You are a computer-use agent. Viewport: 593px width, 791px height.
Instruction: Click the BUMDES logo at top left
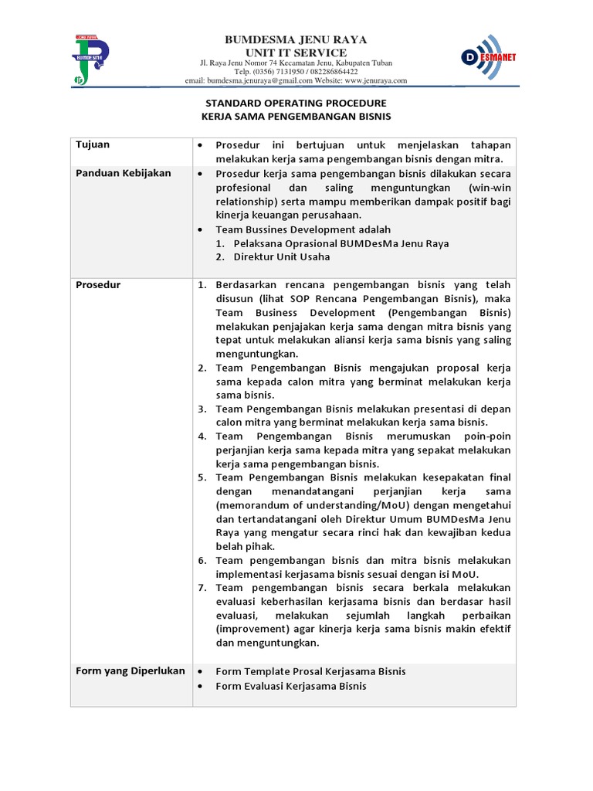(x=91, y=59)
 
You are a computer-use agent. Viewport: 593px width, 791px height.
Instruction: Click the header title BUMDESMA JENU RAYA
(x=296, y=39)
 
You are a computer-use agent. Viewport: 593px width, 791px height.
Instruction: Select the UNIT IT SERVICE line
(x=296, y=52)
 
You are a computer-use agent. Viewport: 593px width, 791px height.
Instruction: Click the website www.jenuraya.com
(x=376, y=80)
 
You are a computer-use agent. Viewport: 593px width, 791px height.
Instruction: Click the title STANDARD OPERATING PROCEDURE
(x=296, y=103)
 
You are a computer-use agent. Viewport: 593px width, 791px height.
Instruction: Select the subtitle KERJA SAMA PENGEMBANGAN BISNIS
(x=296, y=117)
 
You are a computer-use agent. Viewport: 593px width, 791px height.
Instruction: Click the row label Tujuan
(x=93, y=145)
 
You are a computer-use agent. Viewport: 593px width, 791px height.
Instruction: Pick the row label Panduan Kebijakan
(x=124, y=173)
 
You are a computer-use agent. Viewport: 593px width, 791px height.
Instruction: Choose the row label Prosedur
(x=98, y=285)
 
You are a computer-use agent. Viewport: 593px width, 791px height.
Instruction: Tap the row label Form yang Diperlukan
(x=130, y=670)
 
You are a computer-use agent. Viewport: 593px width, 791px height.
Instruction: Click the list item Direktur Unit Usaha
(x=276, y=257)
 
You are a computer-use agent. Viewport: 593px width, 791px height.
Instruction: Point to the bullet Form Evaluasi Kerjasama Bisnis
(x=291, y=686)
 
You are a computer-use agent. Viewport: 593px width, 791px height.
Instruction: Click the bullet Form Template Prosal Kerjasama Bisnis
(x=310, y=671)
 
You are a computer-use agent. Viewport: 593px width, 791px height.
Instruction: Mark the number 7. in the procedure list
(x=202, y=587)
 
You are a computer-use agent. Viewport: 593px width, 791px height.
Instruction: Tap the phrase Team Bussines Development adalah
(x=303, y=229)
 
